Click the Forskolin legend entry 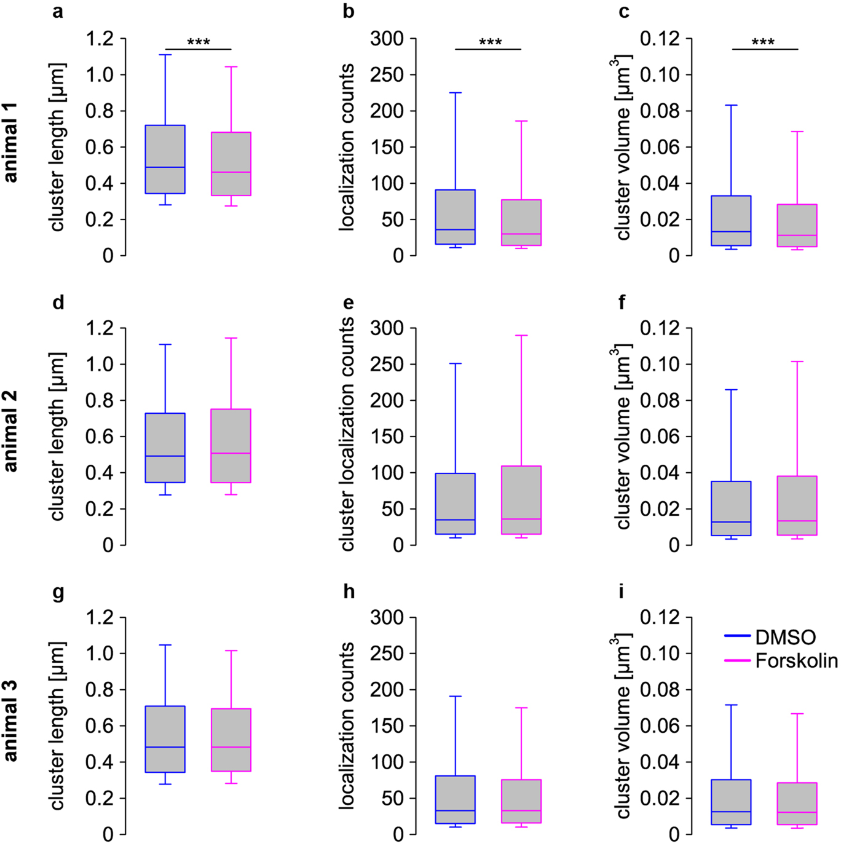point(796,661)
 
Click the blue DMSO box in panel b point(456,217)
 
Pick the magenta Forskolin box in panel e point(521,500)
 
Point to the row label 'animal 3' point(10,721)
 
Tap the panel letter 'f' point(622,302)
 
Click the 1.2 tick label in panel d point(100,328)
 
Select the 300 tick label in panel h point(387,617)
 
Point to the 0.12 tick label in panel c point(660,39)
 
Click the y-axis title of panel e point(347,434)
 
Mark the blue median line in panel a point(165,167)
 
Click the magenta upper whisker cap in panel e point(521,336)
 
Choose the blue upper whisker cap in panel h point(456,697)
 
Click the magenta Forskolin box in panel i point(797,804)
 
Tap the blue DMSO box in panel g point(165,739)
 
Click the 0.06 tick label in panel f point(660,437)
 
